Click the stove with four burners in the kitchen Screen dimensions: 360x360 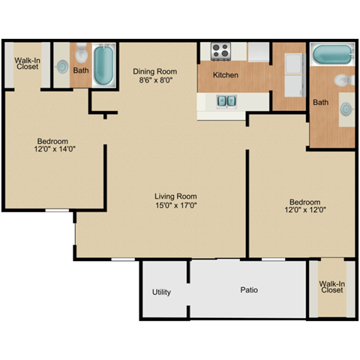[x=220, y=51]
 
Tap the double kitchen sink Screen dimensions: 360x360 [x=226, y=100]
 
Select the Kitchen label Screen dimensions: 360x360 [x=226, y=75]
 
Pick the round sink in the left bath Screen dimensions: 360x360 [x=60, y=66]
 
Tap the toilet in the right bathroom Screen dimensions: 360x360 [x=342, y=79]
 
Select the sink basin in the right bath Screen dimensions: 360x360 [x=346, y=109]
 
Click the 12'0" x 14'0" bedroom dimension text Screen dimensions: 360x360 [x=54, y=149]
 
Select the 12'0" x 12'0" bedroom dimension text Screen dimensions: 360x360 [x=305, y=210]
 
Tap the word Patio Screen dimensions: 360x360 [x=250, y=289]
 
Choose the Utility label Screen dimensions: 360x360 [x=161, y=292]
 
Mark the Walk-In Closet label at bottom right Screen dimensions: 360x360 [x=331, y=287]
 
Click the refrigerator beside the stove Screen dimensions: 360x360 [x=259, y=51]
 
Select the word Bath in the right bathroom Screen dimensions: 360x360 [x=320, y=102]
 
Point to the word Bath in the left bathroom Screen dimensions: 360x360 [x=80, y=71]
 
